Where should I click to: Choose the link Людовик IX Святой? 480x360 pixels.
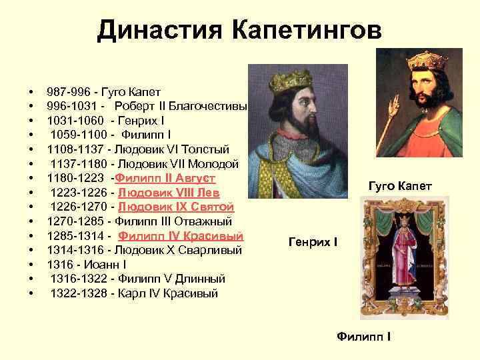tap(176, 207)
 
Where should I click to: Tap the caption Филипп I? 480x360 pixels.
tap(363, 336)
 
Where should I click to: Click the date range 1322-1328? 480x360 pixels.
tap(79, 293)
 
